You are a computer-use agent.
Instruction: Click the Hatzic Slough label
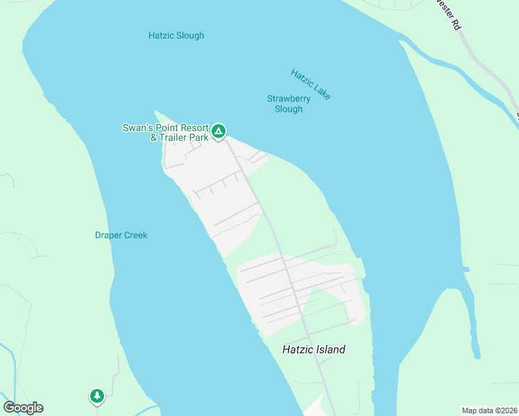(176, 35)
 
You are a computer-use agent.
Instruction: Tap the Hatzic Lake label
(311, 85)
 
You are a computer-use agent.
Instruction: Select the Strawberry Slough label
(289, 103)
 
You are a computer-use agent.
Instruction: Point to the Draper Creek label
(121, 235)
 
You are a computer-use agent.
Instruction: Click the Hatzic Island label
(314, 349)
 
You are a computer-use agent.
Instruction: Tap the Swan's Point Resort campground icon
(219, 130)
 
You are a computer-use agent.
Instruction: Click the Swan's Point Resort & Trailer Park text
(165, 132)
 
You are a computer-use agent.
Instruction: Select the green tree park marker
(96, 396)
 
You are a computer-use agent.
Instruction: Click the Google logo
(23, 408)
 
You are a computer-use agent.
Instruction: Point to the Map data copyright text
(490, 410)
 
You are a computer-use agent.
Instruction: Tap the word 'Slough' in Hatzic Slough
(191, 35)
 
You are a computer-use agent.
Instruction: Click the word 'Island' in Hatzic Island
(330, 349)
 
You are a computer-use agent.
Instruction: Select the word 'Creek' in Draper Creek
(135, 235)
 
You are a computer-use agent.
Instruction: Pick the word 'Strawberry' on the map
(289, 98)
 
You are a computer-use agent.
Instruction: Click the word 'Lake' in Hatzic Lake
(321, 91)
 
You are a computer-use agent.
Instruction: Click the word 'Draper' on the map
(108, 235)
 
